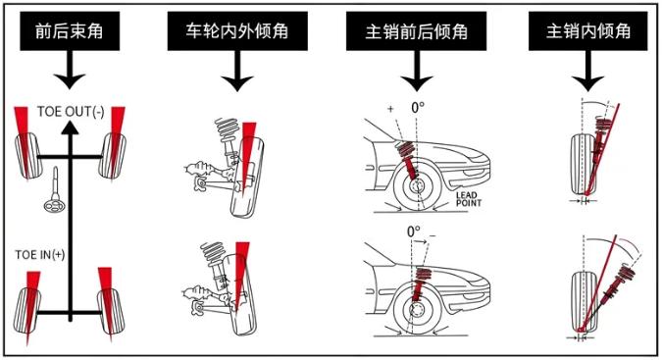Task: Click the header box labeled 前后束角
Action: [69, 32]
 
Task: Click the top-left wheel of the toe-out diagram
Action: [26, 155]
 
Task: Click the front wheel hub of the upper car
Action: [415, 185]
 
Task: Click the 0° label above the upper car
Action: [420, 107]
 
